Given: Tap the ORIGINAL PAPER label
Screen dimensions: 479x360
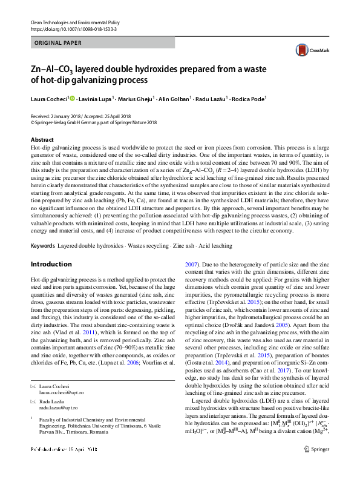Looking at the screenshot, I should [57, 44].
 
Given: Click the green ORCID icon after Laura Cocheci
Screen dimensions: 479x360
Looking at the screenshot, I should [72, 99].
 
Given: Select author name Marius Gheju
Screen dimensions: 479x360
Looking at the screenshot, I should [136, 99].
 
